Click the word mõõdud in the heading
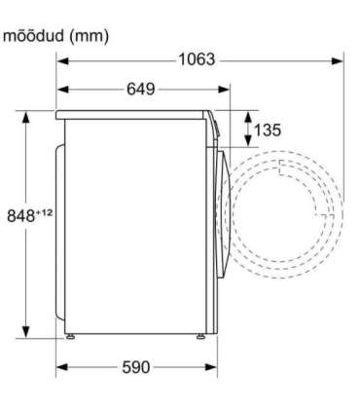tap(34, 36)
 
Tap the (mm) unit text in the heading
tap(88, 36)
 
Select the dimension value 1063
tap(197, 60)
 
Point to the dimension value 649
tap(140, 90)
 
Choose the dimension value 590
tap(137, 367)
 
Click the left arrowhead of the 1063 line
tap(60, 60)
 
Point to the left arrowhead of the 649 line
tap(60, 90)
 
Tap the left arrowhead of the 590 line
tap(60, 367)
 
